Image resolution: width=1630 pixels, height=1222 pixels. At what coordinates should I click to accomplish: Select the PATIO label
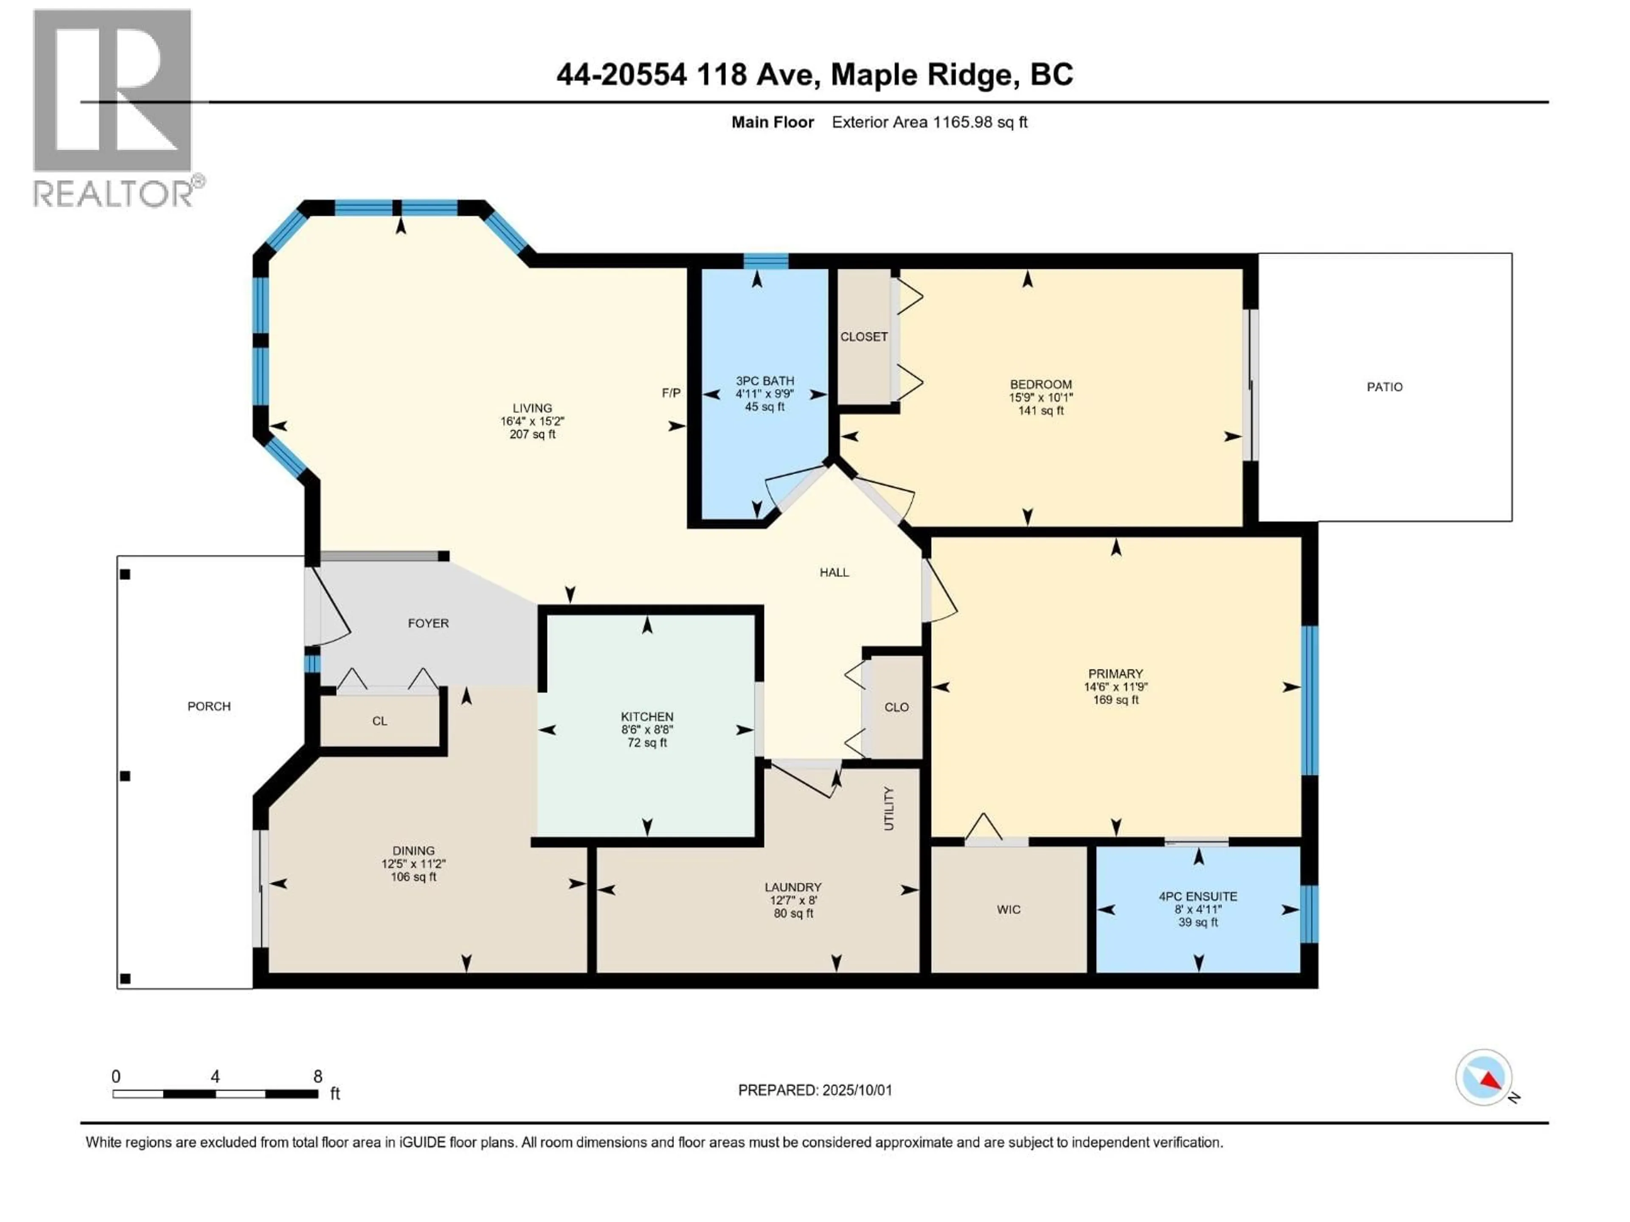(x=1385, y=387)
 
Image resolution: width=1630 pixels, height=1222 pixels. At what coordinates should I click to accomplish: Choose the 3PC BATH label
(x=765, y=381)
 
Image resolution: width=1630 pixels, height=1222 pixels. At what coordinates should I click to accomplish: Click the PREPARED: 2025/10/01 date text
(x=815, y=1090)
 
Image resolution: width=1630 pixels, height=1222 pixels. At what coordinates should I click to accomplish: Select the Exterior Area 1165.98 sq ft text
(x=929, y=122)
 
